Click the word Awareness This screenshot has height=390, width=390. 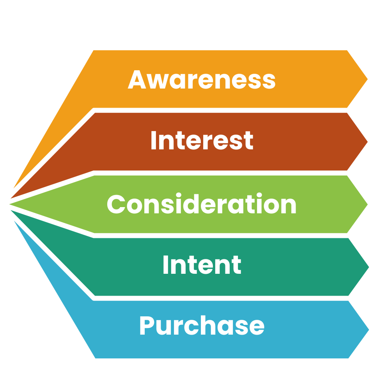[202, 79]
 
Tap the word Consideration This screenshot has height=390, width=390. [202, 204]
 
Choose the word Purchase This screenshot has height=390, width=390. [202, 326]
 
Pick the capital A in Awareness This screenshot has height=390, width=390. [137, 79]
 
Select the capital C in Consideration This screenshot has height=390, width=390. [116, 204]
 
